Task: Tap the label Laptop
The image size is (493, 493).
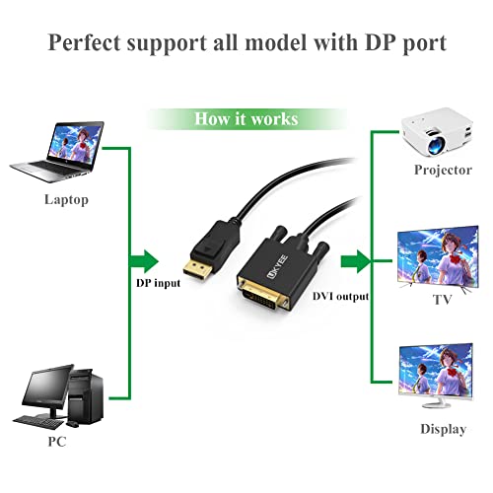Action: pyautogui.click(x=66, y=200)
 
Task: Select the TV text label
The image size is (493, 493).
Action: pyautogui.click(x=442, y=299)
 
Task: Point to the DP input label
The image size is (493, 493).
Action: pyautogui.click(x=158, y=284)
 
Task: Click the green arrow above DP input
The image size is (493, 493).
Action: pyautogui.click(x=145, y=261)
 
